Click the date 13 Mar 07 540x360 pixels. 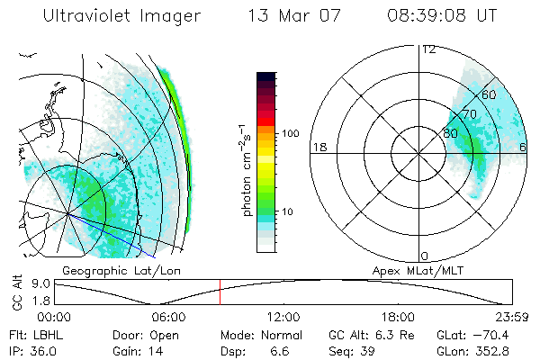[x=289, y=16]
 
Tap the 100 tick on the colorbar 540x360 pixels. [x=290, y=133]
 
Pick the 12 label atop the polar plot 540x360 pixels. [x=428, y=49]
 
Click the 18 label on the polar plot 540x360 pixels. [x=318, y=147]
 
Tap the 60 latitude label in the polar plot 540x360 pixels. [x=490, y=94]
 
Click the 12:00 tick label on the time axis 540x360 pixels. [x=283, y=317]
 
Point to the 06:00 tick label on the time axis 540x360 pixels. [x=168, y=317]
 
